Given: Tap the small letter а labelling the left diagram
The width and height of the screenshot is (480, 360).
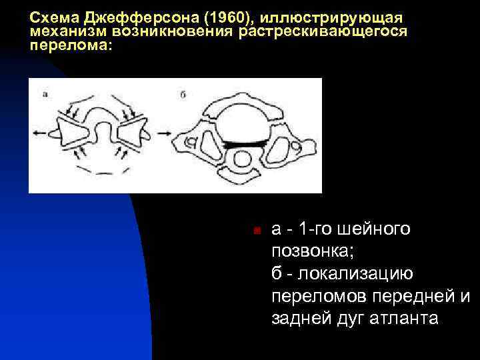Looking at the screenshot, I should (45, 94).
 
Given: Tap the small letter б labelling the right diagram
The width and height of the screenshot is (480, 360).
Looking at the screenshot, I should (183, 94).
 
